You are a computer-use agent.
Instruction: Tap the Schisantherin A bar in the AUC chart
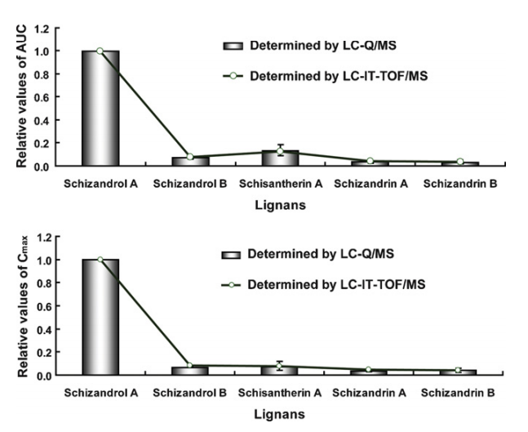click(280, 158)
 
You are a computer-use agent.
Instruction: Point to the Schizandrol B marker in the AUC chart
click(190, 157)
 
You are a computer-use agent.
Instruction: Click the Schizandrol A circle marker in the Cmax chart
click(100, 260)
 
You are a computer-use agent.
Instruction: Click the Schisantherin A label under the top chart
click(280, 184)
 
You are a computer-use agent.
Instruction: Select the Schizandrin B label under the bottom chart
click(459, 393)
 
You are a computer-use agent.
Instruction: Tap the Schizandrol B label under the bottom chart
click(190, 393)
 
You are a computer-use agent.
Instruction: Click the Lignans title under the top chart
click(280, 206)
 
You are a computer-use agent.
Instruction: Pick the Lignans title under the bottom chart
click(280, 415)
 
